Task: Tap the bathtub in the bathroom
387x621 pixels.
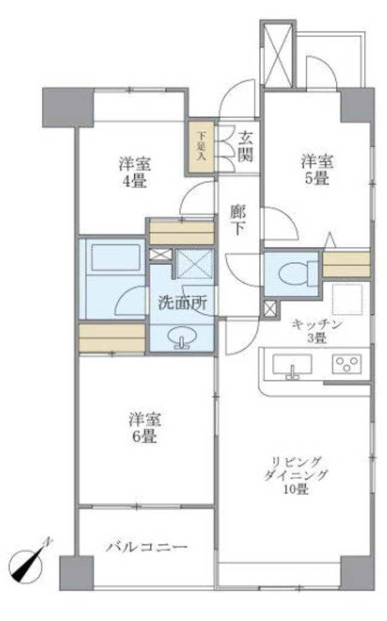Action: point(115,257)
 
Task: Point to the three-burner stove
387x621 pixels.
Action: point(346,364)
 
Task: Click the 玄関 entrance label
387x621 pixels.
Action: point(246,147)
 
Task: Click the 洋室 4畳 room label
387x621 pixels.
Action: point(134,172)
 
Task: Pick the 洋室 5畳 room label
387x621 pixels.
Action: point(317,170)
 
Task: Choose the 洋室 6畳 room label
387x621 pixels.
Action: point(144,428)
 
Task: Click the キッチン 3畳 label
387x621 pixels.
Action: point(317,331)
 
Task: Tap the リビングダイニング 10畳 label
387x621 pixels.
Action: point(296,475)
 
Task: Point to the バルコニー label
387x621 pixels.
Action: point(147,548)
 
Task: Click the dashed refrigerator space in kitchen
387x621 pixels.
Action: point(347,300)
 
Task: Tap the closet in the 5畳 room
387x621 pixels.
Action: point(346,264)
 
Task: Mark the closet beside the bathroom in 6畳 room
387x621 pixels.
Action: point(112,338)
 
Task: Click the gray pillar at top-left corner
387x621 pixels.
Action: point(68,107)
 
